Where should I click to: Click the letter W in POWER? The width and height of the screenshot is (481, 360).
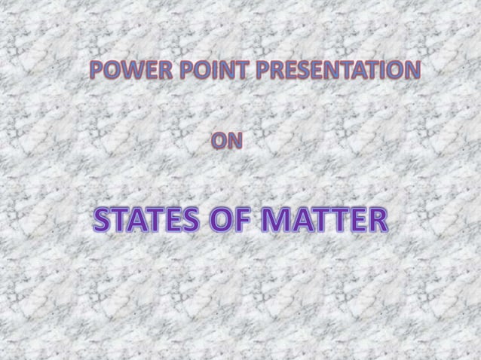pos(124,72)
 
